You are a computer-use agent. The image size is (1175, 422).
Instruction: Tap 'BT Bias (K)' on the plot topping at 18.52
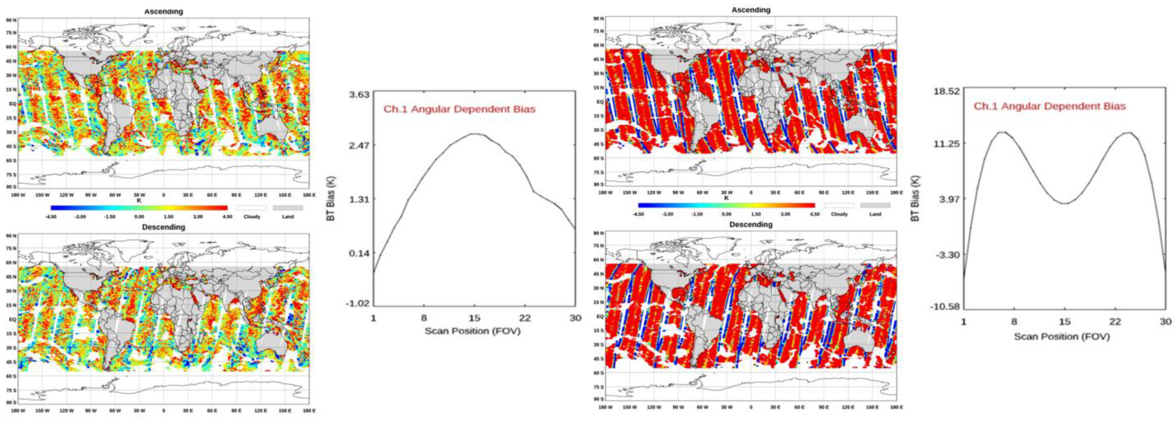[x=915, y=199]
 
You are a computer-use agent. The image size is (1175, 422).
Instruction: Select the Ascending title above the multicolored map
[x=163, y=12]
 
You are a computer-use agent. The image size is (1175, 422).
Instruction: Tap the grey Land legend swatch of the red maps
[x=875, y=206]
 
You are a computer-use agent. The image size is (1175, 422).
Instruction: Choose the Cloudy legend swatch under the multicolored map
[x=252, y=208]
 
